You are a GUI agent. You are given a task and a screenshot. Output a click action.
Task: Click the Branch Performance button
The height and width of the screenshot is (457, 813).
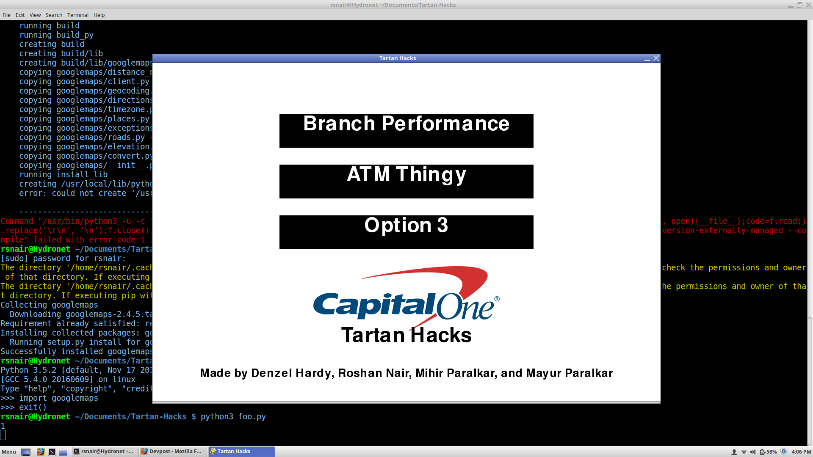coord(406,130)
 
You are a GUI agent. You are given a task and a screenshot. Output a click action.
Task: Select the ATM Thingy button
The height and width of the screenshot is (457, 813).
coord(406,181)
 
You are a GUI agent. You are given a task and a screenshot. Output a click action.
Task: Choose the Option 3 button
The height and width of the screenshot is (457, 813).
coord(406,232)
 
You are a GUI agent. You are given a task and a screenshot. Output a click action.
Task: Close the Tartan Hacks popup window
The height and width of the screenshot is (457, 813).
coord(656,58)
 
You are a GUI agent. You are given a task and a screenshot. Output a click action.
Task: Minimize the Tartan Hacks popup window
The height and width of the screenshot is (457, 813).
coord(647,59)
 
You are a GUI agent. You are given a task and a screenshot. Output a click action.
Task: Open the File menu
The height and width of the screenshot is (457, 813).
coord(6,15)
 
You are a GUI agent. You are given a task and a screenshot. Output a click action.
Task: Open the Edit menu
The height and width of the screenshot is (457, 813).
coord(20,15)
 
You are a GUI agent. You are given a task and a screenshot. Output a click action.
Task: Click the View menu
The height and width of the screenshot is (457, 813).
coord(35,15)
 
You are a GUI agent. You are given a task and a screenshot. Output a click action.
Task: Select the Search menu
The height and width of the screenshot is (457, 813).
coord(54,15)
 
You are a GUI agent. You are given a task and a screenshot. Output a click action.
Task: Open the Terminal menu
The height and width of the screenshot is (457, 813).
coord(77,15)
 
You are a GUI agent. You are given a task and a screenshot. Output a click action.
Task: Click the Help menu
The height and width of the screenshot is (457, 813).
coord(99,15)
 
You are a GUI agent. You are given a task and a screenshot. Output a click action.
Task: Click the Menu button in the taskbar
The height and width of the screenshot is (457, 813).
coord(8,451)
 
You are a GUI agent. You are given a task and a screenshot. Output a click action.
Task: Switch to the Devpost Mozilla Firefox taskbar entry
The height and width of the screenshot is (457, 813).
coord(173,451)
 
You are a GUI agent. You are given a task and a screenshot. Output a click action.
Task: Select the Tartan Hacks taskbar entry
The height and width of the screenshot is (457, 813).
coord(242,451)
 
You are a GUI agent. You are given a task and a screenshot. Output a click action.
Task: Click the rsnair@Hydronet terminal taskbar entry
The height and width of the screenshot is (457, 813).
coord(105,451)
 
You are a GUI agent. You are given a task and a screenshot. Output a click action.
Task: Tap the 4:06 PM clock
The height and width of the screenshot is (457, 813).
coord(801,451)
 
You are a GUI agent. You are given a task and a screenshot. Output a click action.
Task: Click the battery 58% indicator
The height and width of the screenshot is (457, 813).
coord(769,451)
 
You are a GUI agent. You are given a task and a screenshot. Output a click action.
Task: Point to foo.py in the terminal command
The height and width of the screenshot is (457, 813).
coord(252,416)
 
